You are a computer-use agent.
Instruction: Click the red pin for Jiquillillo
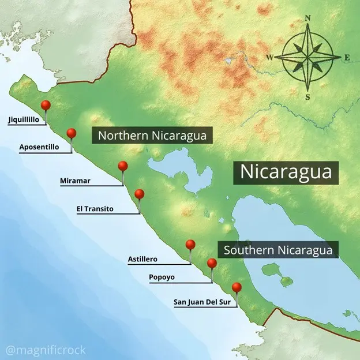point(46,106)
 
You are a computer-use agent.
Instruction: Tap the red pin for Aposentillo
point(72,133)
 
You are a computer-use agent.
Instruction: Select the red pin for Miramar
point(122,166)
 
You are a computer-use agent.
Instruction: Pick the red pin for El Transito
point(139,194)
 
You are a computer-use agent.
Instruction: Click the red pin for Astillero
point(190,245)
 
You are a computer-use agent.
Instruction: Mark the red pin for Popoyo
point(212,263)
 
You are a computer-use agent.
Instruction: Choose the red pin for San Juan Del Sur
point(237,287)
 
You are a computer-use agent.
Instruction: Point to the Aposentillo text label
point(39,147)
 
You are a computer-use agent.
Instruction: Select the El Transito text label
point(95,208)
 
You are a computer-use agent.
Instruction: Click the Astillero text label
point(142,259)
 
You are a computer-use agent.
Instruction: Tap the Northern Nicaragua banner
point(152,136)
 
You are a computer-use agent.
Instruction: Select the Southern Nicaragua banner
point(278,250)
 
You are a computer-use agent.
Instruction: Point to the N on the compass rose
point(307,18)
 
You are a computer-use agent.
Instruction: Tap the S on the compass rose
point(307,96)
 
